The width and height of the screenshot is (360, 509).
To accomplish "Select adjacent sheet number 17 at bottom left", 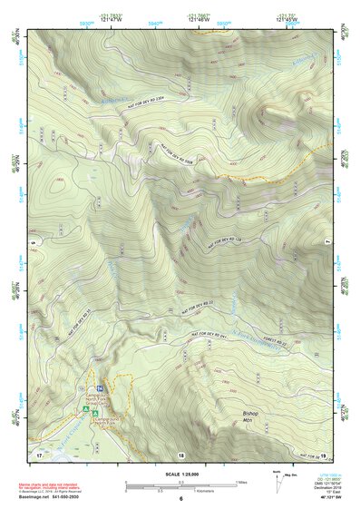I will [x=39, y=451].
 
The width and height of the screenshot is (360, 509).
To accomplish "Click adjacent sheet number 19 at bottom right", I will [x=323, y=451].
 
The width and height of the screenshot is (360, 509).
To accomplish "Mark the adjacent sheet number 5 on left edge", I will [x=31, y=244].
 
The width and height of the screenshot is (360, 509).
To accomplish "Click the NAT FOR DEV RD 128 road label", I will [x=229, y=238].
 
